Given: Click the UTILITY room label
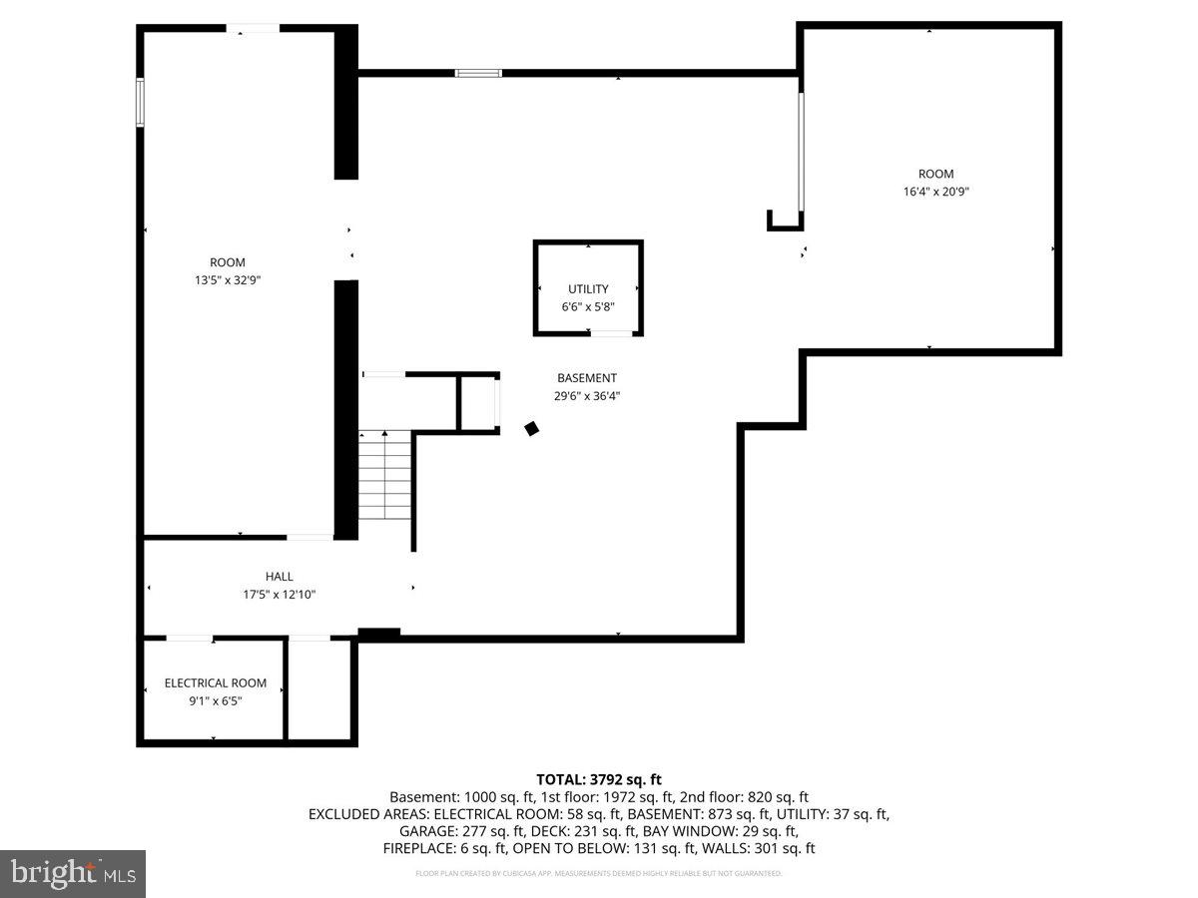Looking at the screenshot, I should (x=588, y=289).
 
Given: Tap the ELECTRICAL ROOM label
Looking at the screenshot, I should (x=216, y=683).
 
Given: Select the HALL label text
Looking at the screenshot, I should (x=280, y=577).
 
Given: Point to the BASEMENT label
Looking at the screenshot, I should (x=587, y=378).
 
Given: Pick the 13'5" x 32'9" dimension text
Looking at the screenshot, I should (x=228, y=280).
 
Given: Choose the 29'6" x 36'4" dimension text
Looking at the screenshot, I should (x=587, y=396).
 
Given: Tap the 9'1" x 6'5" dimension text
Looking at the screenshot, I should (x=216, y=701).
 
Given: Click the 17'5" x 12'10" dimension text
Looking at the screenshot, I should (x=280, y=595).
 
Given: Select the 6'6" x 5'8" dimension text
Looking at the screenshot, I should (x=588, y=307).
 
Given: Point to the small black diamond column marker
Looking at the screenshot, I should (x=532, y=428).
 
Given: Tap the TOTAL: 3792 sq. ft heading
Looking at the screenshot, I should (x=599, y=779).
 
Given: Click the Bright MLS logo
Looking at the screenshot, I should (x=73, y=874).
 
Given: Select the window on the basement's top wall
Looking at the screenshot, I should (x=478, y=73).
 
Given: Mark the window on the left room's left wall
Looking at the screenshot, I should (x=141, y=103).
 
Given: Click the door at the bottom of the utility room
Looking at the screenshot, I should (x=612, y=333).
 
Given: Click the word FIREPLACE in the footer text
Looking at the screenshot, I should (x=416, y=848).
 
